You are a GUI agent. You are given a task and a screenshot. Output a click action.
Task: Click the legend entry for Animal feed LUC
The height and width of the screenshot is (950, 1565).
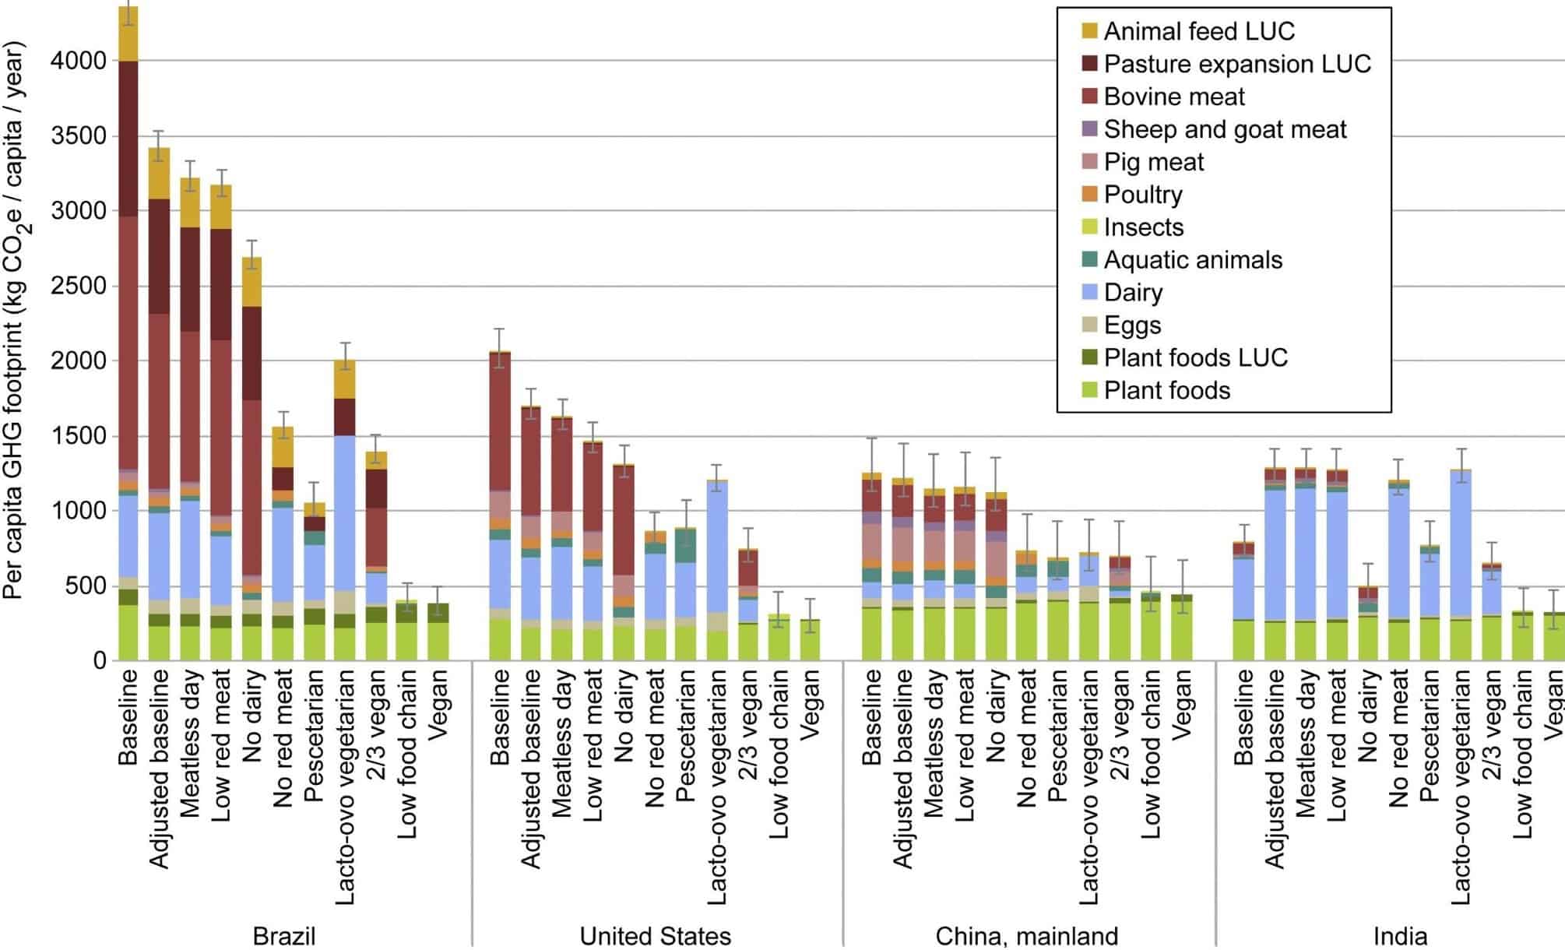(1198, 31)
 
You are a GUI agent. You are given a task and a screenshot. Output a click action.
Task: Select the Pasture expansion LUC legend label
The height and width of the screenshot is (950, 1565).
(1237, 64)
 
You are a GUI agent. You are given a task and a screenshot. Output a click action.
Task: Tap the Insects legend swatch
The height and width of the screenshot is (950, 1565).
(1089, 227)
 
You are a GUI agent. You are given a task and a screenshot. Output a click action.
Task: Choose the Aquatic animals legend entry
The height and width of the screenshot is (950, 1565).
(1192, 260)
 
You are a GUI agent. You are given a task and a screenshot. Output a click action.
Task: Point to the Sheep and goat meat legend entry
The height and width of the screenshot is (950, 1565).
(1224, 129)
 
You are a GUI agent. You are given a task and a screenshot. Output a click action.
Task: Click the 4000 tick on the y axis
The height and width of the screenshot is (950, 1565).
(78, 61)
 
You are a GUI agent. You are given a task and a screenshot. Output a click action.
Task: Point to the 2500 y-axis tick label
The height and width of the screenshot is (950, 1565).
(78, 286)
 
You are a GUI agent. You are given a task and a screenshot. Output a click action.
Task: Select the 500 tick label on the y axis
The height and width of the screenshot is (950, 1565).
(88, 586)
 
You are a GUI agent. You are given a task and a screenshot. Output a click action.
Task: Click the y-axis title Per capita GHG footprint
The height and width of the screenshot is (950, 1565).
(16, 319)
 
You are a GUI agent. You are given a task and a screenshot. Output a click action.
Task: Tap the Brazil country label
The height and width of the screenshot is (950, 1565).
(284, 935)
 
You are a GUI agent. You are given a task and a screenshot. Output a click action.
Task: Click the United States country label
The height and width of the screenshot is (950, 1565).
(655, 935)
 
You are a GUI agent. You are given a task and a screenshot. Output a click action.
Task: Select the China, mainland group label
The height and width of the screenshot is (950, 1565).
(1026, 935)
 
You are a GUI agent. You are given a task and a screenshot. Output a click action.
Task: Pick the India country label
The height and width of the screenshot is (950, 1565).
(1399, 935)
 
